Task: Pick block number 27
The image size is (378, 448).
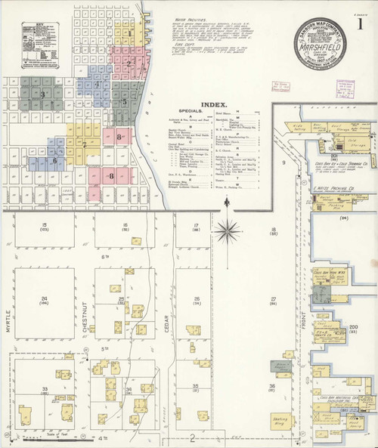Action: click(x=272, y=300)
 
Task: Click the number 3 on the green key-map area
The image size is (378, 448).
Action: click(x=43, y=94)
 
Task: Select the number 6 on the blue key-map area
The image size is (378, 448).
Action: click(x=54, y=160)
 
